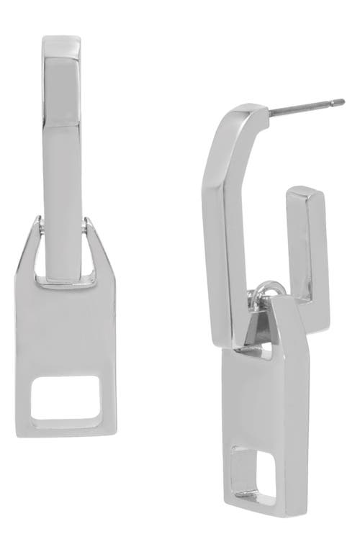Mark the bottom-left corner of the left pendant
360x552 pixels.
click(17, 432)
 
